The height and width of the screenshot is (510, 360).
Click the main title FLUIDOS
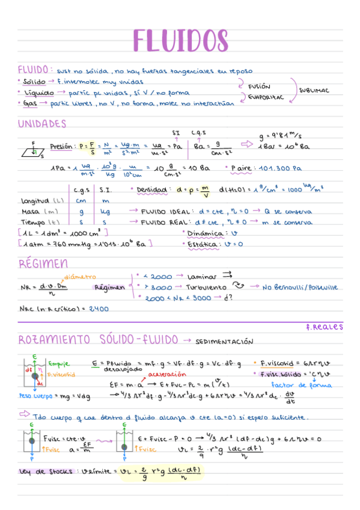click(180, 40)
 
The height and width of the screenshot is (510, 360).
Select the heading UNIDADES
click(41, 124)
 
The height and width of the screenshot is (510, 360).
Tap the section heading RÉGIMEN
click(43, 264)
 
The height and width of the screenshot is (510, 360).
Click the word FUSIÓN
click(259, 87)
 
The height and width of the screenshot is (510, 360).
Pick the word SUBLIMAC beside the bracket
click(314, 91)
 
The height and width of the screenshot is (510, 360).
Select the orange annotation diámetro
click(80, 277)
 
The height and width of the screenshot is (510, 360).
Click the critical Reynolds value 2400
click(97, 309)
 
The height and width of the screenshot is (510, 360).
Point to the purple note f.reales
click(324, 327)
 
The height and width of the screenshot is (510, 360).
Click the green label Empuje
click(58, 363)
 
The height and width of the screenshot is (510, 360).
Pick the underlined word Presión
click(61, 146)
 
